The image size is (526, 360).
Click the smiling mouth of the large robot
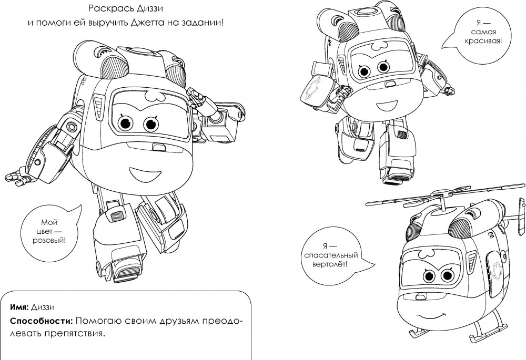(x=140, y=174)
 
